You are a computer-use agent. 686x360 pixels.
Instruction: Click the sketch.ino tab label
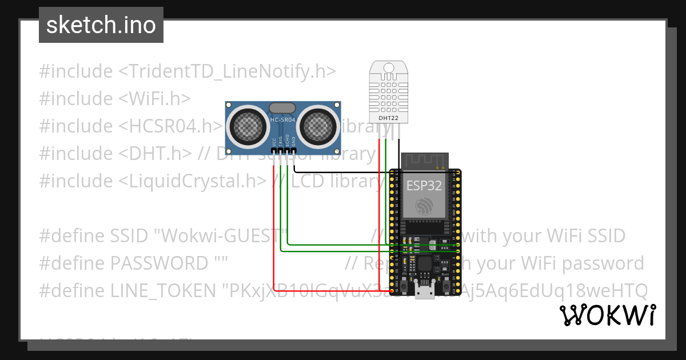[101, 25]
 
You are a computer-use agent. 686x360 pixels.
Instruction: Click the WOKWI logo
[607, 315]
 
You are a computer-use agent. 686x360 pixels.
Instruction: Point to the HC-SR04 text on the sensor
[282, 120]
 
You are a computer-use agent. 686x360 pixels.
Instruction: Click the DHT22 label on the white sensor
[389, 118]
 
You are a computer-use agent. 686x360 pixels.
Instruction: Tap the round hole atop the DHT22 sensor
[389, 69]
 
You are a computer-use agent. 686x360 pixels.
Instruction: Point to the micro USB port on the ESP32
[425, 293]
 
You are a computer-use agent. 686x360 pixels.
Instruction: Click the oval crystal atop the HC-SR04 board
[282, 107]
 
